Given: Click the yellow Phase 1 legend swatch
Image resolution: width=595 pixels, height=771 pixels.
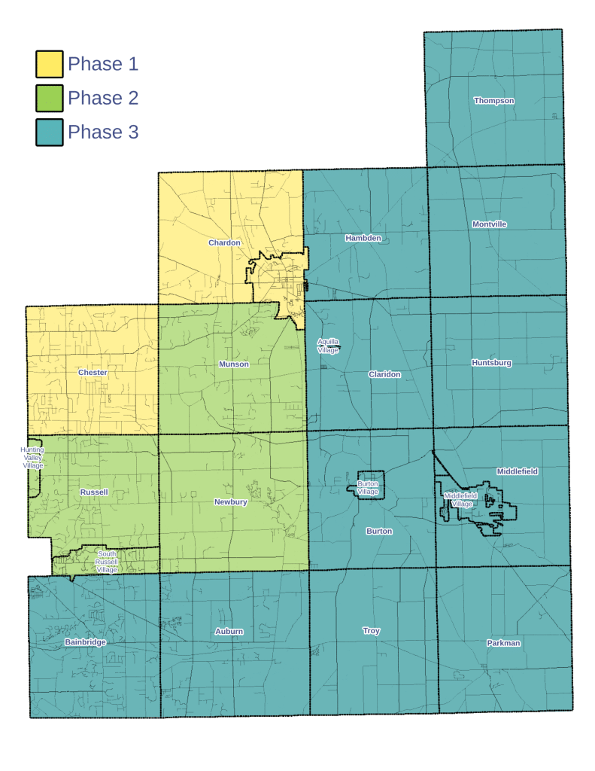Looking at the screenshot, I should pyautogui.click(x=50, y=65).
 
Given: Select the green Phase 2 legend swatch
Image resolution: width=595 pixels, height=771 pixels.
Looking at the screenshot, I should pyautogui.click(x=50, y=99).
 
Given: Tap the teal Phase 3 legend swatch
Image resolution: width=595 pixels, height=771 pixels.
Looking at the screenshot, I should pyautogui.click(x=50, y=133).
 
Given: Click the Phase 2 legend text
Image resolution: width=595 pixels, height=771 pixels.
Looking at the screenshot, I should pyautogui.click(x=103, y=99).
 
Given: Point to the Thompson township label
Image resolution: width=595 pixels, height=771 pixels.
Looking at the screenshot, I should pyautogui.click(x=494, y=101).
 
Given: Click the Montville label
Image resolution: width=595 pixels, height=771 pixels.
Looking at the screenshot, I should pyautogui.click(x=489, y=224).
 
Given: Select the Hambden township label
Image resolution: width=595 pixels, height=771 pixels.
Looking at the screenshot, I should pyautogui.click(x=363, y=238).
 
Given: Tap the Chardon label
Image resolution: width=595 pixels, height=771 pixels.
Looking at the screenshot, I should pyautogui.click(x=224, y=242).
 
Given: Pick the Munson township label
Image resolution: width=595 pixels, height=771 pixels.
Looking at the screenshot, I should pyautogui.click(x=233, y=364).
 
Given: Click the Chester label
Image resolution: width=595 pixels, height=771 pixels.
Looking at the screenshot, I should pyautogui.click(x=93, y=373).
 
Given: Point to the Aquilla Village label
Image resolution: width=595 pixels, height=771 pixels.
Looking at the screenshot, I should pyautogui.click(x=328, y=346).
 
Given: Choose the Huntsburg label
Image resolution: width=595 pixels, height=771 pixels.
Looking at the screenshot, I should pyautogui.click(x=491, y=363).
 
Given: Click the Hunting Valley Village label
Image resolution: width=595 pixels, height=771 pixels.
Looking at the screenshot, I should pyautogui.click(x=32, y=458).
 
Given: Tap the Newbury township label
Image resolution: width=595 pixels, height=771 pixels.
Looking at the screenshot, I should pyautogui.click(x=230, y=501).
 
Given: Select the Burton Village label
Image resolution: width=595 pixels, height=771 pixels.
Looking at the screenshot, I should pyautogui.click(x=368, y=488).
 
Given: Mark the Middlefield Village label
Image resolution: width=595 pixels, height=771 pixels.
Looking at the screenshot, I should pyautogui.click(x=460, y=500).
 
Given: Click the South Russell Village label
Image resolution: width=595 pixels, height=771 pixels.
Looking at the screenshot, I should pyautogui.click(x=107, y=562).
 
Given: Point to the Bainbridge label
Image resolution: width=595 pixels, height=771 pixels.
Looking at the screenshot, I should pyautogui.click(x=85, y=642).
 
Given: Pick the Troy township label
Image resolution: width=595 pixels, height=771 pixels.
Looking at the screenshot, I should pyautogui.click(x=371, y=631).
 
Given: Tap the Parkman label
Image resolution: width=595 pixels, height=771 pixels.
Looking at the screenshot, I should pyautogui.click(x=503, y=643).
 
